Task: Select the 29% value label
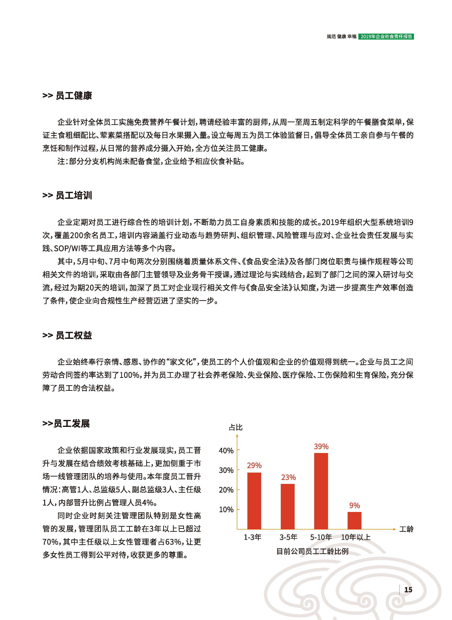pyautogui.click(x=254, y=465)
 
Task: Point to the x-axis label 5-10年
pyautogui.click(x=321, y=537)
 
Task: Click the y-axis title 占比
pyautogui.click(x=236, y=427)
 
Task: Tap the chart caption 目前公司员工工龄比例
pyautogui.click(x=312, y=551)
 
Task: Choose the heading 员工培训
pyautogui.click(x=74, y=195)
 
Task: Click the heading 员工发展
pyautogui.click(x=72, y=424)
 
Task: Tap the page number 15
pyautogui.click(x=408, y=590)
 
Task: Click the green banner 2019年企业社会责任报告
pyautogui.click(x=386, y=36)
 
